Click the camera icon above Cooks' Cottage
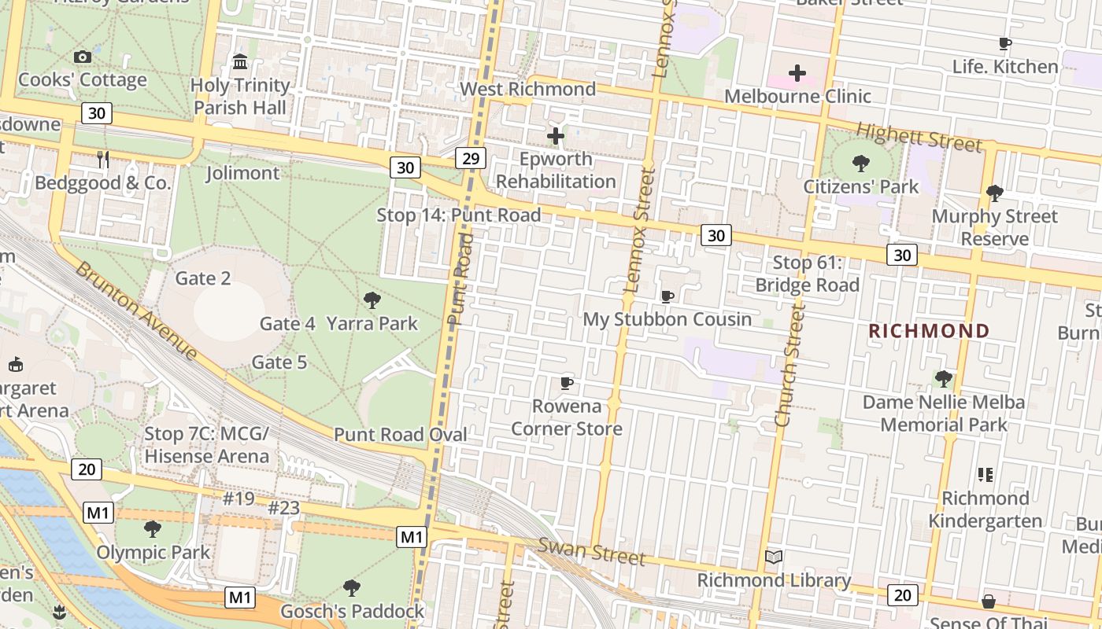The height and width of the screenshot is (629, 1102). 82,57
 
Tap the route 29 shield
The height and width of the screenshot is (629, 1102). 470,159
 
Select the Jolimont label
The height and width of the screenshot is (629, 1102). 242,173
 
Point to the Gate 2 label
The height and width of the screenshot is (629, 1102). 203,278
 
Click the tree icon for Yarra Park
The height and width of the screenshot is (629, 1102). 372,300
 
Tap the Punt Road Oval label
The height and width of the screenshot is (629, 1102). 401,435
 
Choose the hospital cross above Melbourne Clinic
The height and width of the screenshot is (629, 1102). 797,73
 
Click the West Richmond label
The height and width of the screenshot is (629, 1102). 527,89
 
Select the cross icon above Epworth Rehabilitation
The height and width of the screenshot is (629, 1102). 556,136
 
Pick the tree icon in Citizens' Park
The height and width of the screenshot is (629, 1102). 861,164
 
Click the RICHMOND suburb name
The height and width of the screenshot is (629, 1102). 929,331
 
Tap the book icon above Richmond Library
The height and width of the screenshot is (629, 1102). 774,557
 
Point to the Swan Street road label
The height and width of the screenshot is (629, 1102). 592,551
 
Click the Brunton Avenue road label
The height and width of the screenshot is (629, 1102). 135,310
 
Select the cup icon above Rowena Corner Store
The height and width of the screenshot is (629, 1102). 566,383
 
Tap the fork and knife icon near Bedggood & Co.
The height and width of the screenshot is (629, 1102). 103,160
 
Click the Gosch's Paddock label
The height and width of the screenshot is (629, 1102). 352,611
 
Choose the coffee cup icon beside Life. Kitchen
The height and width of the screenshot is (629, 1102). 1004,43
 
